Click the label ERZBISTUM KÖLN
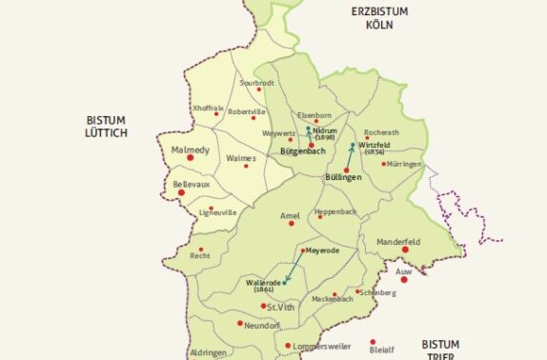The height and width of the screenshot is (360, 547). [379, 17]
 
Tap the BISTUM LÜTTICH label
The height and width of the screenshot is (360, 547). [106, 127]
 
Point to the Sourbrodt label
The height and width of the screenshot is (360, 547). [257, 84]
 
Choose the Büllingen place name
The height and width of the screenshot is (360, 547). [346, 178]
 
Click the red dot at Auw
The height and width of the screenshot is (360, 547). [404, 279]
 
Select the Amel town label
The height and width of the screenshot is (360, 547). [290, 216]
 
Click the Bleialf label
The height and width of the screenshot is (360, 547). [381, 350]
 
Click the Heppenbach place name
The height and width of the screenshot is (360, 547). [334, 210]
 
